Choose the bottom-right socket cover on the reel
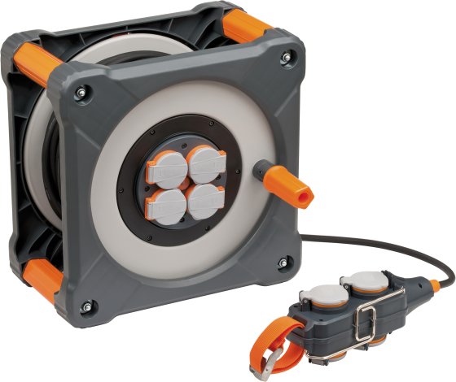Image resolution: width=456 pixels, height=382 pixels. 206,199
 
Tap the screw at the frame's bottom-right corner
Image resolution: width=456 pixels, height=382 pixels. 283,262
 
